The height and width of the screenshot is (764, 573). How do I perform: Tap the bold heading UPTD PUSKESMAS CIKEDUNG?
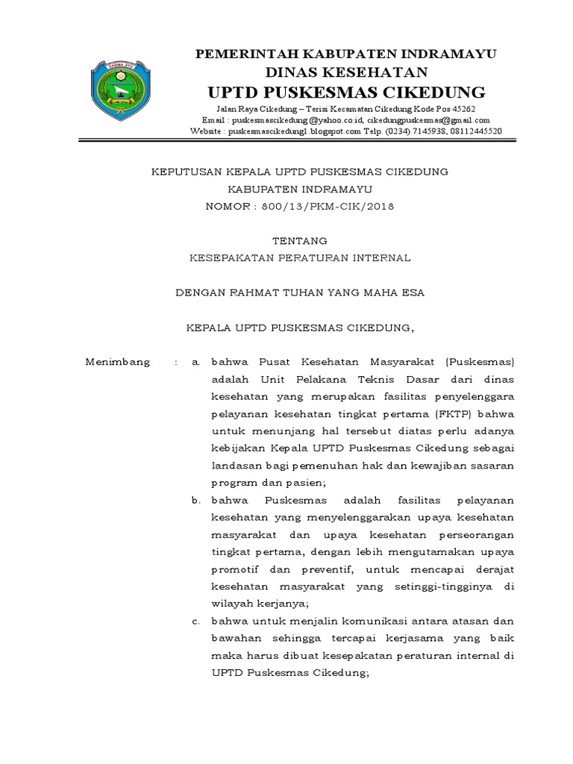(346, 93)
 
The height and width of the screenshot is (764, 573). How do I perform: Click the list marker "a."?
(195, 363)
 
